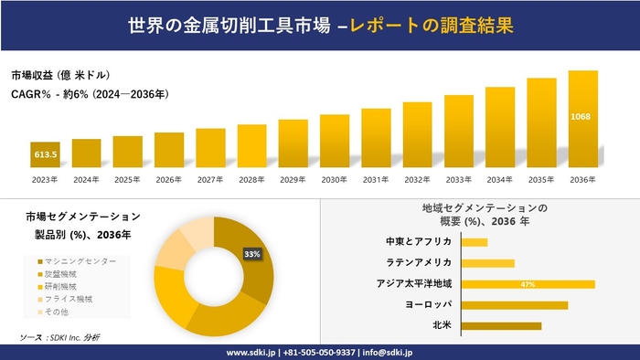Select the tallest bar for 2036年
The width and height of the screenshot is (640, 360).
(582, 119)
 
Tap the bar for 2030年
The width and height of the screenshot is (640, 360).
(335, 141)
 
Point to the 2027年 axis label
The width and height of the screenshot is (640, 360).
(210, 180)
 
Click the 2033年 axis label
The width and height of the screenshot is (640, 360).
(459, 180)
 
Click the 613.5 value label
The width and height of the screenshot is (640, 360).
(45, 155)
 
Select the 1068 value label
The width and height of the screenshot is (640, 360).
(582, 117)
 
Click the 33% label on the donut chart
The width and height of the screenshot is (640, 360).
(252, 253)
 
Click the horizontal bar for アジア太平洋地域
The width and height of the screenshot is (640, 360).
(528, 284)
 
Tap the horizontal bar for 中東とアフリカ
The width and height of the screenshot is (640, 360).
(475, 242)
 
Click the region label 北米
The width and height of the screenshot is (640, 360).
(442, 325)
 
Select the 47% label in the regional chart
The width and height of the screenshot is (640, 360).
(528, 284)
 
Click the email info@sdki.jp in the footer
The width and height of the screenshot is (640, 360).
(391, 352)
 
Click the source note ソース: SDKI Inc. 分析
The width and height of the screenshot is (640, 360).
(59, 338)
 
